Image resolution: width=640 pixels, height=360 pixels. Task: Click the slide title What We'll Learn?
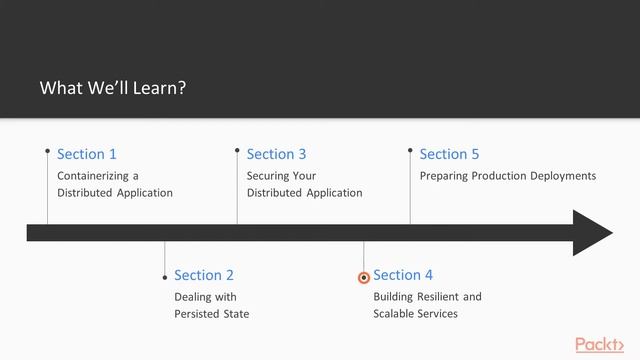(x=113, y=88)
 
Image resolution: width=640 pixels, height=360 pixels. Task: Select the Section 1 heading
(x=87, y=154)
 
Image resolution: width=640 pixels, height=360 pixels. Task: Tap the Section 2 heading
(x=204, y=275)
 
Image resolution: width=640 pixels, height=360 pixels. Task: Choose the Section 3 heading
(x=276, y=154)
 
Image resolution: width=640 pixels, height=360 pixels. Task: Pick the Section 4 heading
(x=403, y=275)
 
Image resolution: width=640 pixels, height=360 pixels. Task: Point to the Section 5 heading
(x=449, y=154)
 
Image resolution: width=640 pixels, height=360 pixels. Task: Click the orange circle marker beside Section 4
(x=364, y=277)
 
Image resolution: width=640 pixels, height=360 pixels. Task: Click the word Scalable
(x=396, y=314)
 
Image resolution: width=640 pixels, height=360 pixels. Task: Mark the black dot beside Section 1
(x=47, y=151)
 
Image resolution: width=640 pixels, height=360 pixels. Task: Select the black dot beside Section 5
(x=410, y=151)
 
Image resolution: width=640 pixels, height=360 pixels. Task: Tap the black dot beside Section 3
(x=237, y=151)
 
